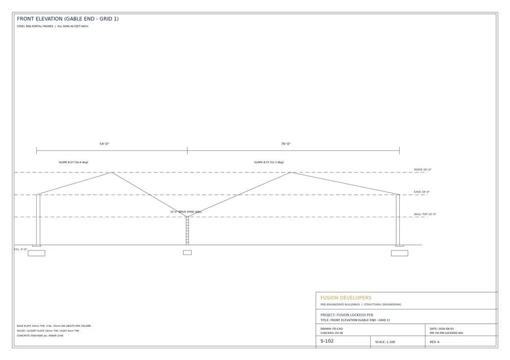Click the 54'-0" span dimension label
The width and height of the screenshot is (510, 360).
click(105, 144)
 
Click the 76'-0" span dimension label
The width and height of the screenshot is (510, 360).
click(286, 144)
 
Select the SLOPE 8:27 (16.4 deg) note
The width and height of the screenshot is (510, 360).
click(73, 162)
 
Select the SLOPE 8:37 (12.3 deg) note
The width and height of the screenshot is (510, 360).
click(269, 162)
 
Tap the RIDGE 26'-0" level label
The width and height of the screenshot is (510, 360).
click(422, 170)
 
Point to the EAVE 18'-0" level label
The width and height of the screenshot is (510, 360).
click(422, 192)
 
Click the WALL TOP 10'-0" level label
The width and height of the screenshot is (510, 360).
click(425, 214)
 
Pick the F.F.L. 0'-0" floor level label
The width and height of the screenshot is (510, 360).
click(20, 249)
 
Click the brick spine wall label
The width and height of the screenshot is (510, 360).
click(186, 212)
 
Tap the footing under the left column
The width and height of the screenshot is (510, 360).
click(36, 253)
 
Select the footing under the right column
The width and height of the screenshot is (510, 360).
click(399, 253)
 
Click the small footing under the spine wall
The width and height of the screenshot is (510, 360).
click(187, 253)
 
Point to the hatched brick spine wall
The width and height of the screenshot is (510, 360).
click(187, 231)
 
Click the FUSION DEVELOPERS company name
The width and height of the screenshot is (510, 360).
click(346, 298)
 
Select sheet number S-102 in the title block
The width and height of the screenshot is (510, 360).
click(327, 341)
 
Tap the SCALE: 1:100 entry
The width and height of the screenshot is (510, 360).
click(385, 342)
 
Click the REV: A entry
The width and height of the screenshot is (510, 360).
click(434, 342)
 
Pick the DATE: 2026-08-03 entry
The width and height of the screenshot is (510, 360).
click(441, 329)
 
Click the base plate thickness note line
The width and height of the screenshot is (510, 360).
click(54, 326)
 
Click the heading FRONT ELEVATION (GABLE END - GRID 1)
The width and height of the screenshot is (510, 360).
click(68, 19)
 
